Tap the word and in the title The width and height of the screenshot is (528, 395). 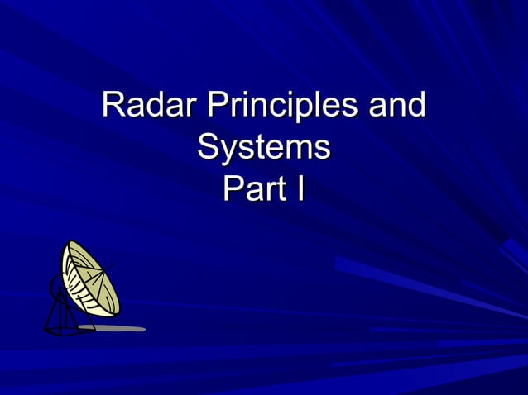396,107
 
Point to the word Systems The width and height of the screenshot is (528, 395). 264,149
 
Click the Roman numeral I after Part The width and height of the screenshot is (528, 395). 300,189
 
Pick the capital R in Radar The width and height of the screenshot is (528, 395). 113,107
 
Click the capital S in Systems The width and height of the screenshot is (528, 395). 209,149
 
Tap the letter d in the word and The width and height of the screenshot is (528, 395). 416,107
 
